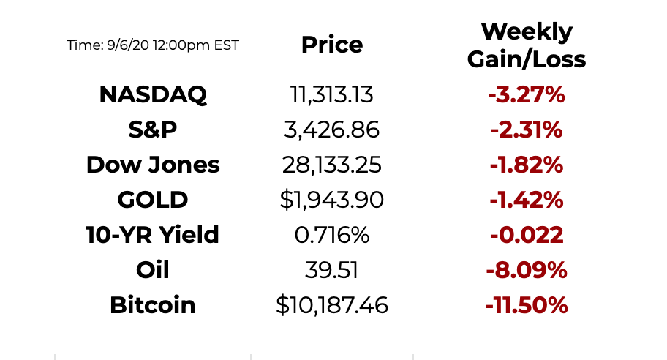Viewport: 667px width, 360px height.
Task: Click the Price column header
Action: click(331, 45)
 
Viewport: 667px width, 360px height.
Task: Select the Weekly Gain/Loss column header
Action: click(527, 45)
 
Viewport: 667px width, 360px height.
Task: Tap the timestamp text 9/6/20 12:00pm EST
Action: click(153, 45)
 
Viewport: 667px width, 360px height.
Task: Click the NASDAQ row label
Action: click(153, 94)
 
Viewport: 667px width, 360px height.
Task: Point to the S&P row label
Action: click(153, 130)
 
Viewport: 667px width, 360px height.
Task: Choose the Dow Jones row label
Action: click(153, 165)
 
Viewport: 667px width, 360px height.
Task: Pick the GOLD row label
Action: click(153, 200)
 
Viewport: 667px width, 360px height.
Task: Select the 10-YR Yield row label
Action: click(153, 235)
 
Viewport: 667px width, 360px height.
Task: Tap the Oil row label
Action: click(153, 270)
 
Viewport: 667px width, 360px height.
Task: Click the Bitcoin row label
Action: click(153, 305)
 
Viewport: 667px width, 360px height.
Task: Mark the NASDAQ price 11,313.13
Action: click(331, 94)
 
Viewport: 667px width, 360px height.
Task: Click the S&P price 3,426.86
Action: click(331, 130)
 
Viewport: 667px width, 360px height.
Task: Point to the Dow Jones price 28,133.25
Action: click(331, 165)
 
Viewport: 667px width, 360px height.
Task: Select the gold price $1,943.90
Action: click(331, 200)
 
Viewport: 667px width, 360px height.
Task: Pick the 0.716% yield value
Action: click(331, 235)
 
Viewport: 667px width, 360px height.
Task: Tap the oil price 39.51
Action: click(331, 270)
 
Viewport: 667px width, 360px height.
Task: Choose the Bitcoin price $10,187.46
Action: click(331, 305)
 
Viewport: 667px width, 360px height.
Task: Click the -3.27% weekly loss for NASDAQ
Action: click(527, 94)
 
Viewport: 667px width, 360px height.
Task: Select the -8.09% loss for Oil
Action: click(527, 270)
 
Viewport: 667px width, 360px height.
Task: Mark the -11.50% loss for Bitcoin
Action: click(527, 305)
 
